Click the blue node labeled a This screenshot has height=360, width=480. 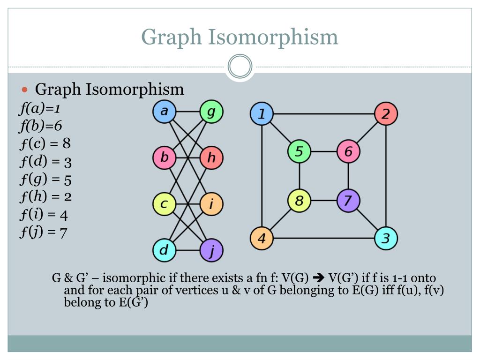[164, 112]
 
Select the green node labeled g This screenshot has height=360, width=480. [211, 112]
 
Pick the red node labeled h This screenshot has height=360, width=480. [211, 158]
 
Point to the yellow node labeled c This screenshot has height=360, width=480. [164, 204]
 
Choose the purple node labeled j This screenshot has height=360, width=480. [211, 250]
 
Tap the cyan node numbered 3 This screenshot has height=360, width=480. [386, 238]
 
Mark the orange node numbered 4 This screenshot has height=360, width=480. [262, 238]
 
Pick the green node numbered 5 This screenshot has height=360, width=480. [299, 152]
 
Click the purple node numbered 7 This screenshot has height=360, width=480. [348, 201]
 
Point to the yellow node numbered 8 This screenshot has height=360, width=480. [299, 201]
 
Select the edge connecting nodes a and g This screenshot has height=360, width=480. [187, 112]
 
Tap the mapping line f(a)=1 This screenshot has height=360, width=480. [40, 109]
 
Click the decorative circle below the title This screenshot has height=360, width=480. [240, 67]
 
